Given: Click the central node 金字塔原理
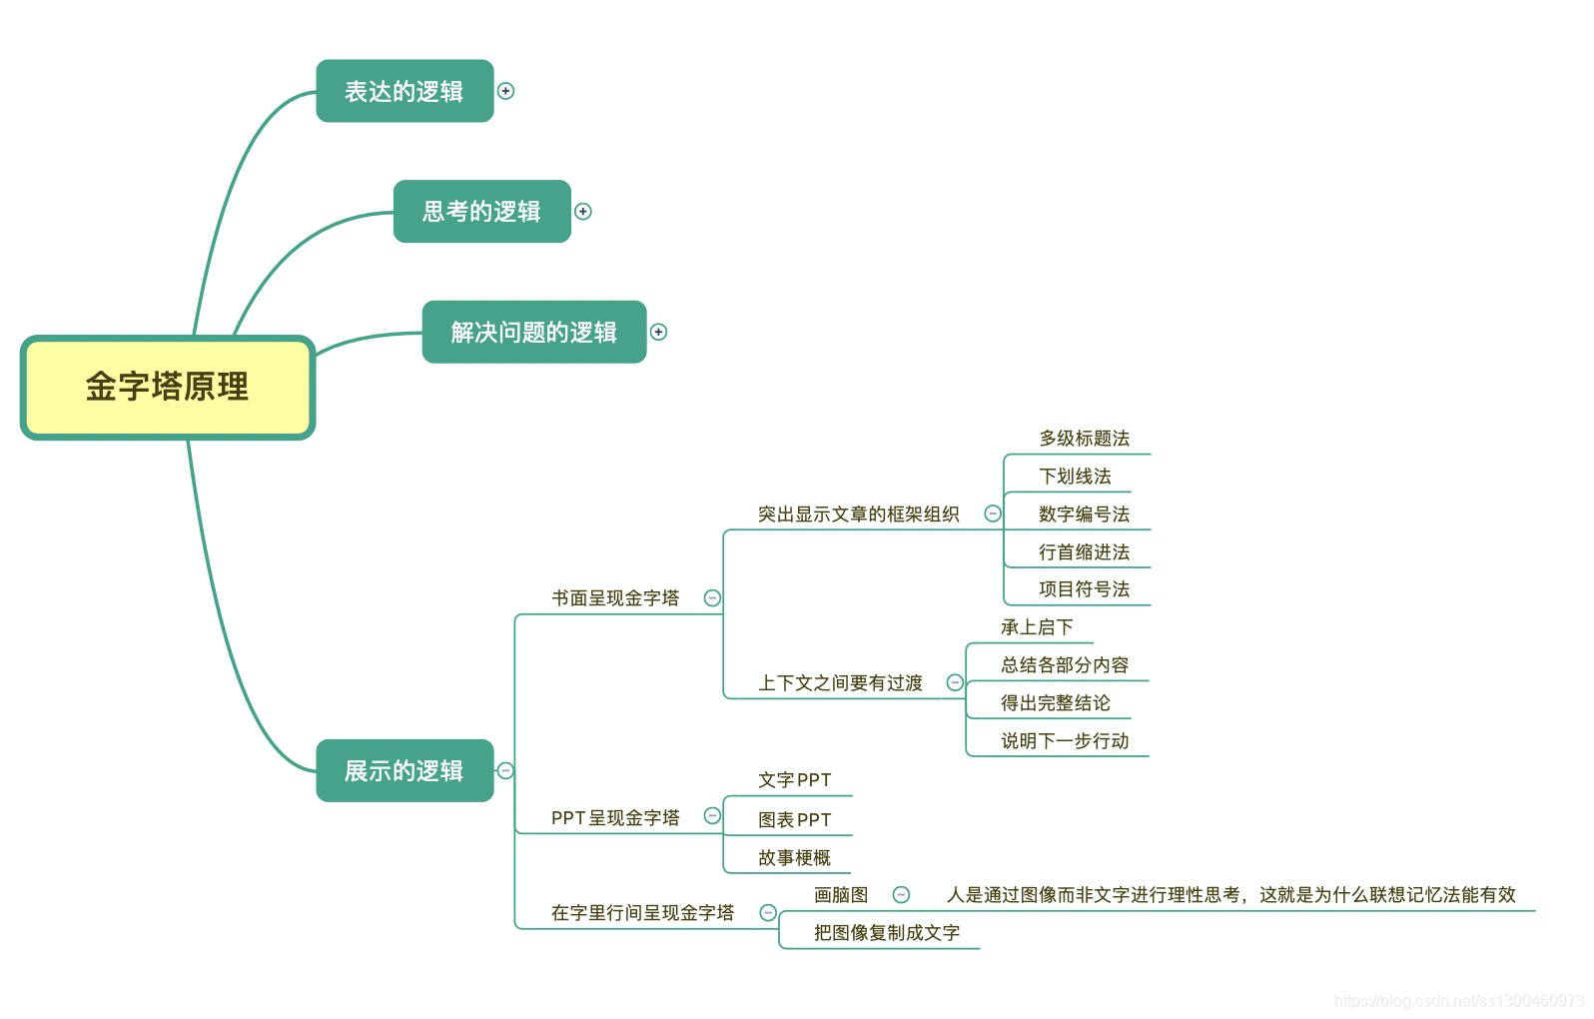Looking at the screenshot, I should tap(168, 387).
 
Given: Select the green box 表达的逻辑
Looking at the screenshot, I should tap(404, 91).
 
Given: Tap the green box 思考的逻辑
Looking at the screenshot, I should tap(481, 211).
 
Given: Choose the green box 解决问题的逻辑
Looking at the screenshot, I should tap(533, 332).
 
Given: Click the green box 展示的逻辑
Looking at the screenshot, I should tap(404, 770).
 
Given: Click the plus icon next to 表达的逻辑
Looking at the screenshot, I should tap(506, 91).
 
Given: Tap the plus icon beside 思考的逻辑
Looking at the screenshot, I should tap(583, 211).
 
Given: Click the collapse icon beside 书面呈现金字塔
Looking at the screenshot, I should tap(712, 597).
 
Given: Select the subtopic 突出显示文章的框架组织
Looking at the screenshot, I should tap(858, 513).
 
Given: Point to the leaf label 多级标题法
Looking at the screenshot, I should tap(1084, 438).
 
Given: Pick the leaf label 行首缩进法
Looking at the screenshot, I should tap(1084, 551).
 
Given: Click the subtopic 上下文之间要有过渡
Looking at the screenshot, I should tap(840, 682).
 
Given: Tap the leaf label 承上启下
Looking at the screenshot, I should tap(1037, 626).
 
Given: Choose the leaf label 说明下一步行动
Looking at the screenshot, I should tap(1065, 740).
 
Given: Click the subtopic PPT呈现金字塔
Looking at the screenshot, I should tap(615, 817).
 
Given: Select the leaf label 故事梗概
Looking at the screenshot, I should tap(794, 857).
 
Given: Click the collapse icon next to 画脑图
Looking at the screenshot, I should tap(901, 894).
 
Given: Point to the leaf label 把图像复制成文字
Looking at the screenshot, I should tap(886, 932).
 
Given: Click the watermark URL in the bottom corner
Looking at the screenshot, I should tap(1458, 1000).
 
